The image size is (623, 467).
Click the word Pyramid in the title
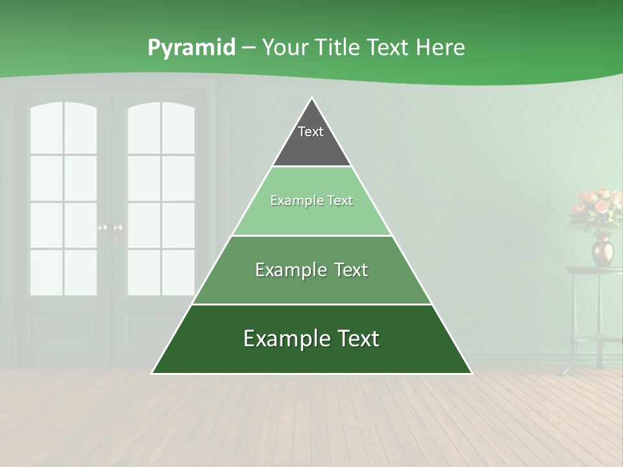(191, 48)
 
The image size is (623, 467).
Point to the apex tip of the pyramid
(311, 99)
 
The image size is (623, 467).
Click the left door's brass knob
(101, 228)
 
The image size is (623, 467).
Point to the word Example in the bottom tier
(282, 339)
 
